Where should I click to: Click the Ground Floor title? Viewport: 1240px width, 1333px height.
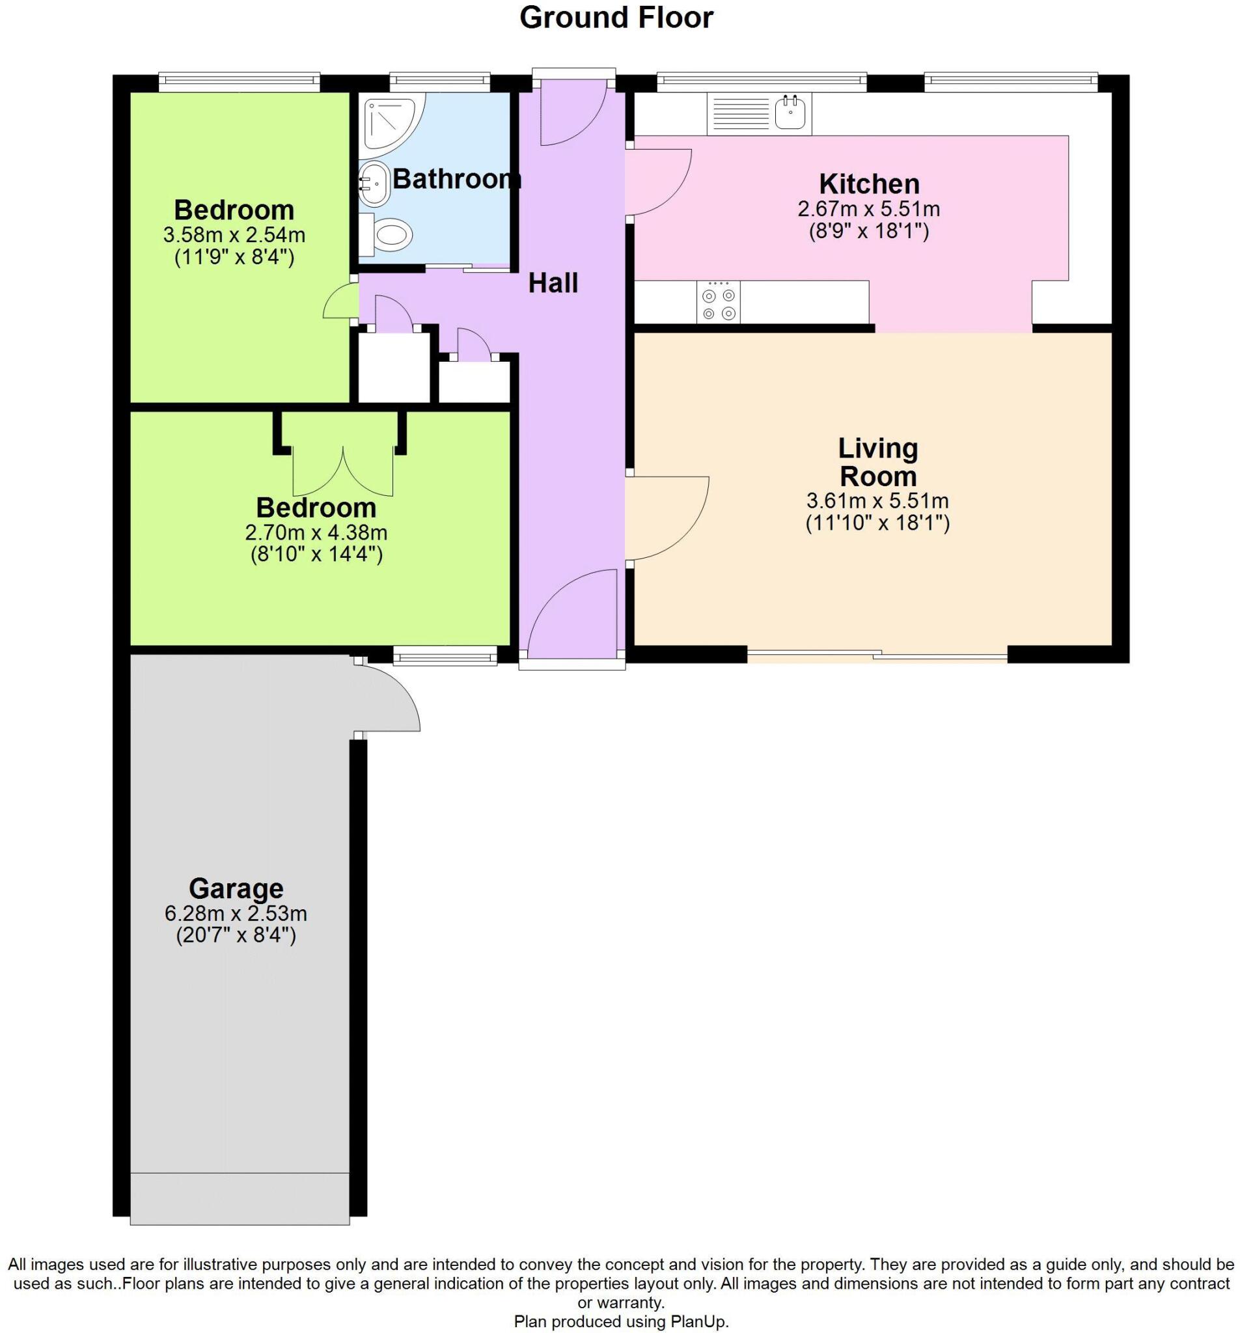pyautogui.click(x=616, y=18)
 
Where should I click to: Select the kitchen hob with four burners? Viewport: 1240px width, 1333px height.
pyautogui.click(x=718, y=303)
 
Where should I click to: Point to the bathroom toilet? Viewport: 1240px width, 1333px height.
pyautogui.click(x=387, y=235)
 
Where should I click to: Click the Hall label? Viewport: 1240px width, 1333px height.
pyautogui.click(x=553, y=283)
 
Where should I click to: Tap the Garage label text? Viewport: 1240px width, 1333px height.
pyautogui.click(x=236, y=888)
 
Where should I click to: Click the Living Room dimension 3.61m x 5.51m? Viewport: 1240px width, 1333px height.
pyautogui.click(x=877, y=501)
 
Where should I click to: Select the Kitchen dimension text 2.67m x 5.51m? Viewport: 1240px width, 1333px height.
pyautogui.click(x=868, y=208)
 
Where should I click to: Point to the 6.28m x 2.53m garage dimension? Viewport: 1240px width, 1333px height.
pyautogui.click(x=236, y=913)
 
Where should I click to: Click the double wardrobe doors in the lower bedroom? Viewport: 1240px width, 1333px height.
pyautogui.click(x=342, y=471)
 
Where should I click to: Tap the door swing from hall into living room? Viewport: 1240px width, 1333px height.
pyautogui.click(x=666, y=517)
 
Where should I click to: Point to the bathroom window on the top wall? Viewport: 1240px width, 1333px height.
pyautogui.click(x=440, y=81)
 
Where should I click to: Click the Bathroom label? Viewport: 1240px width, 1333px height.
pyautogui.click(x=456, y=179)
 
